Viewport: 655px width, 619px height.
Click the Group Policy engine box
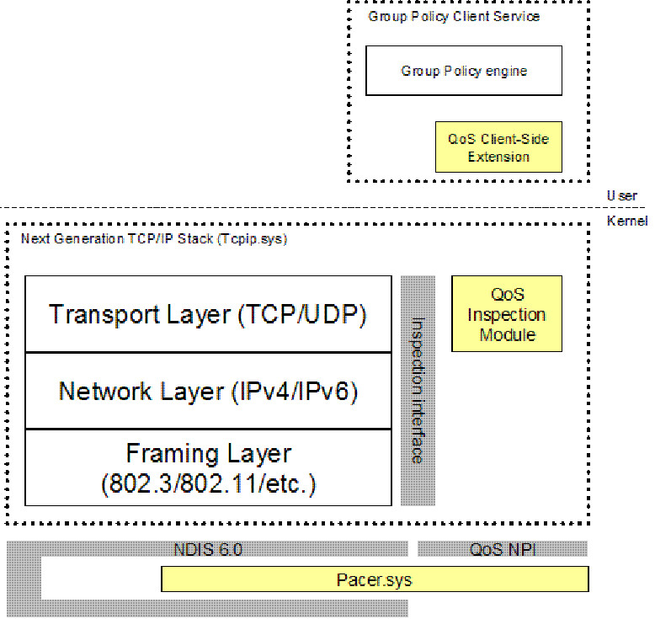coord(463,70)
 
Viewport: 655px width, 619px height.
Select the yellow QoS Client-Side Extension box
coord(498,147)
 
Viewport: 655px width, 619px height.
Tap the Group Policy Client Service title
coord(454,17)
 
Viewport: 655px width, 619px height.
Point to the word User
coord(621,195)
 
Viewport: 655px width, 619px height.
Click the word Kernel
coord(627,221)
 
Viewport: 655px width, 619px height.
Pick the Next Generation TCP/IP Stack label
coord(154,239)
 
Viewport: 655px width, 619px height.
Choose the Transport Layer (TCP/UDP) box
coord(208,314)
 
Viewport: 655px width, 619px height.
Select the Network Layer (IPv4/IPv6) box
coord(208,391)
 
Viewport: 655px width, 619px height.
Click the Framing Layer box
coord(208,467)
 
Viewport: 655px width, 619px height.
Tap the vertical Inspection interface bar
coord(418,390)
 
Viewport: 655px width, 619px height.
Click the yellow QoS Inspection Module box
coord(506,314)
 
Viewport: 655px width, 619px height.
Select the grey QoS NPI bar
coord(503,550)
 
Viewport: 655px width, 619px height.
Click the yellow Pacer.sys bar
coord(374,579)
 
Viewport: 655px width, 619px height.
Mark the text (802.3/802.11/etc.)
coord(208,484)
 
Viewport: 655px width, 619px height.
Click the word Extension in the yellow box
coord(498,157)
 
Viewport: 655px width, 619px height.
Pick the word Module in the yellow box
coord(507,335)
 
